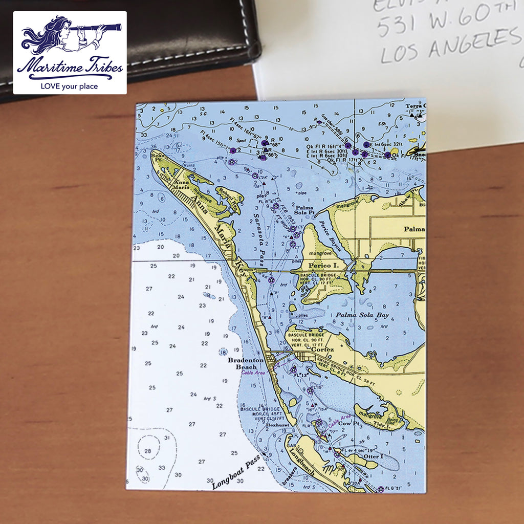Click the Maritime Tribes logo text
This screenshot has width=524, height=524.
click(70, 68)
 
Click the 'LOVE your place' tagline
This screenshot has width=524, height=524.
click(69, 86)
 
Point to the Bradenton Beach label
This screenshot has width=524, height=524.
click(246, 363)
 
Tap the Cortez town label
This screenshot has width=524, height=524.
click(322, 350)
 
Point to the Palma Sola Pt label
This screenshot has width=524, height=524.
click(304, 210)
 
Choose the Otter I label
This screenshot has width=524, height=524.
click(373, 456)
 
